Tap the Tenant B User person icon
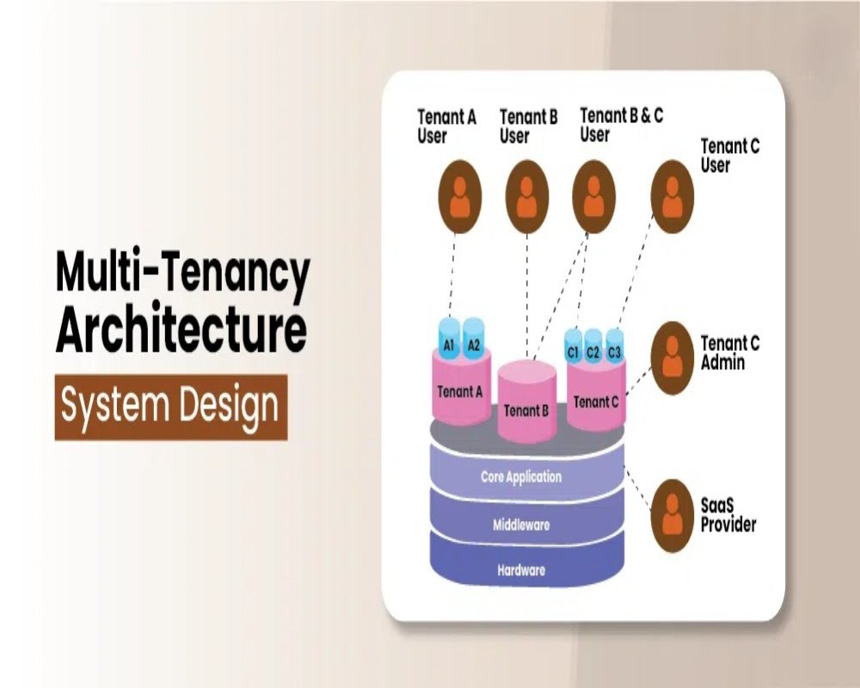527,197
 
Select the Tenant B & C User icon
594,197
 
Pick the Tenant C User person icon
672,197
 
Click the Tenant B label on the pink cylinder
526,410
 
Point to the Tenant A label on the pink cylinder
460,392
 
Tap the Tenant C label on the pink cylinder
595,402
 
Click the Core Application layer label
521,477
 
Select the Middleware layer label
521,525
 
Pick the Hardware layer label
521,569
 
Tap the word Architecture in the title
181,330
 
